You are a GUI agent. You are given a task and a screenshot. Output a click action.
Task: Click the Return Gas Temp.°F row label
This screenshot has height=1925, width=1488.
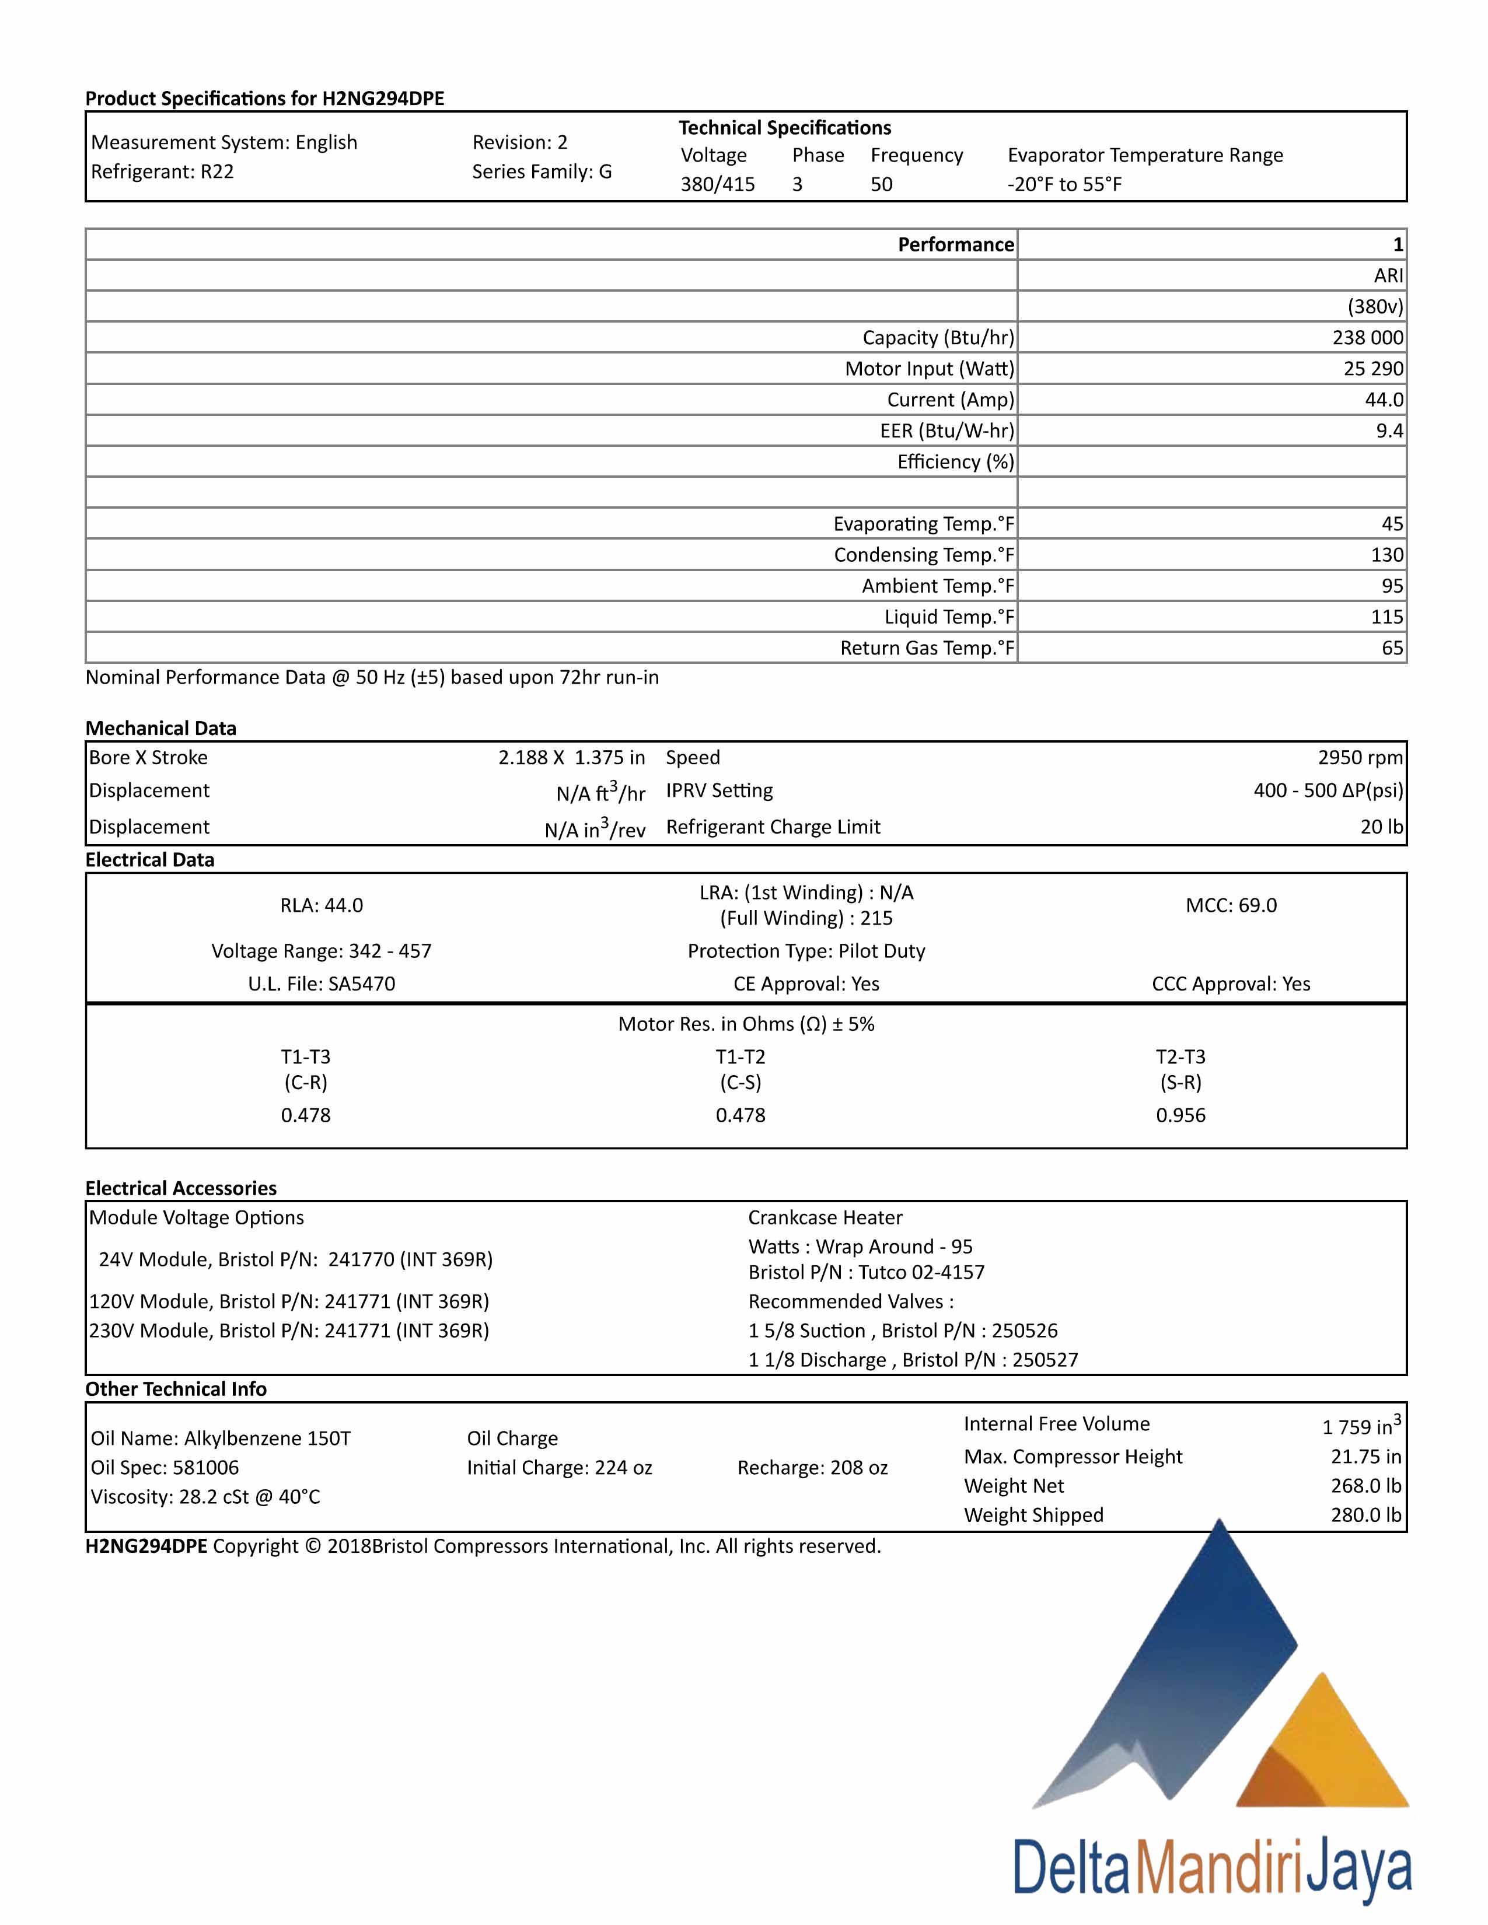coord(927,648)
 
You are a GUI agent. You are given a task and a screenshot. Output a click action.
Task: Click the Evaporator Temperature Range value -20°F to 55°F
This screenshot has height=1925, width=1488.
coord(1064,184)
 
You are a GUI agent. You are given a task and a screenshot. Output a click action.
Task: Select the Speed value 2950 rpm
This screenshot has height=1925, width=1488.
coord(1360,757)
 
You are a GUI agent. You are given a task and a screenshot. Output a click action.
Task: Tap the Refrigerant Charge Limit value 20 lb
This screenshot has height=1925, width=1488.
coord(1381,827)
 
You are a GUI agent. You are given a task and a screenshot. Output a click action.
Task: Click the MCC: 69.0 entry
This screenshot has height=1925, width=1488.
coord(1231,905)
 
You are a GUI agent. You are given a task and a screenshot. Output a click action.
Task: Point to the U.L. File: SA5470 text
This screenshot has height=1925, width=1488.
coord(321,984)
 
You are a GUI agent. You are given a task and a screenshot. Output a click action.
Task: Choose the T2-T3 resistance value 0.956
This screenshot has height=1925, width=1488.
coord(1180,1115)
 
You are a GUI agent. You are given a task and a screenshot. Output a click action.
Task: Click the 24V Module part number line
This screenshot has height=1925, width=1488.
coord(295,1259)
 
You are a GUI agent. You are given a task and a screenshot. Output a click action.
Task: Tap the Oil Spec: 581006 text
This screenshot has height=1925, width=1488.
coord(165,1468)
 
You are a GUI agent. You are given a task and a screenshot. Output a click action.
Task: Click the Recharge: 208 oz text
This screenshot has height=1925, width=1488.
coord(812,1468)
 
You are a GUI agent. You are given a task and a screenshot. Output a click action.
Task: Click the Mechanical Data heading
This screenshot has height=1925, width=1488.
coord(160,728)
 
